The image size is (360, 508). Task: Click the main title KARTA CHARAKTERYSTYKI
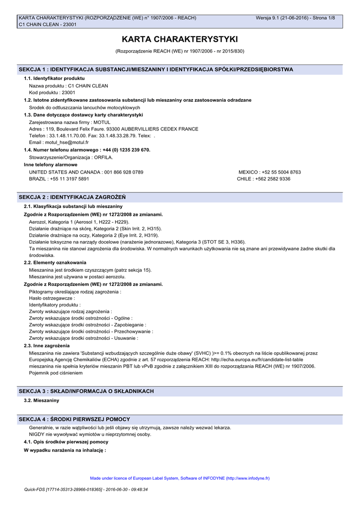pos(180,39)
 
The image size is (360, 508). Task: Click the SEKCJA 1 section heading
pos(155,69)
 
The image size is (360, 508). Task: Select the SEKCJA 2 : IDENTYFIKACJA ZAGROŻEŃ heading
pos(72,197)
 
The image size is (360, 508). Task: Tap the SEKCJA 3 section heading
pos(86,391)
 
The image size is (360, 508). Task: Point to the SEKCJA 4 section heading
pos(74,420)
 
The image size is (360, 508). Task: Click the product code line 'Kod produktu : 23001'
pos(52,93)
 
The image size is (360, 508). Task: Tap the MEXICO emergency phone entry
pos(270,172)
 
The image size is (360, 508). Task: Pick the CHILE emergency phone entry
pos(264,179)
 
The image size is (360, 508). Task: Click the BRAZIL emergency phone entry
pos(59,179)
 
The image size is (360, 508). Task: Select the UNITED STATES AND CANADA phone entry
pos(86,172)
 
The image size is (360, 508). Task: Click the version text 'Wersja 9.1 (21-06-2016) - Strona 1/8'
pos(295,18)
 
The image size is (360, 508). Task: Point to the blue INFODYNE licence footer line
pos(180,478)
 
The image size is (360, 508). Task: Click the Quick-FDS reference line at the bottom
pos(86,490)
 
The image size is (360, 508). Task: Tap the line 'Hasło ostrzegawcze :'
pos(52,298)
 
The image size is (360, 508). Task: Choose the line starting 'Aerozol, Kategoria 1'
pos(79,222)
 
